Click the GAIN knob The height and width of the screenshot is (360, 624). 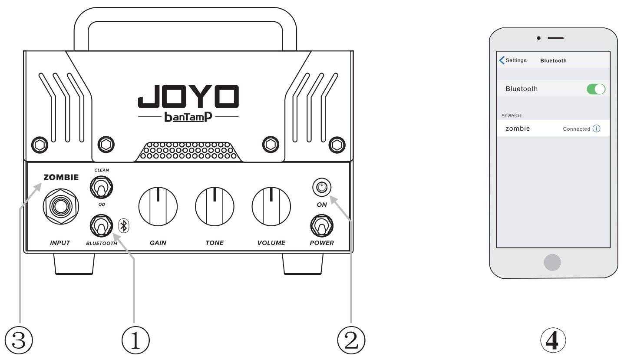click(x=158, y=207)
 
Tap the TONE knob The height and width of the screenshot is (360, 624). click(x=215, y=207)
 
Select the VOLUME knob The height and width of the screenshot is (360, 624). click(x=271, y=207)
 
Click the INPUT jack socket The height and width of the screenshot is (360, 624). click(x=60, y=207)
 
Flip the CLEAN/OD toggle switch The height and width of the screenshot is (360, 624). click(x=101, y=188)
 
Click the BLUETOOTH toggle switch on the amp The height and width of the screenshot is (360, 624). click(x=101, y=226)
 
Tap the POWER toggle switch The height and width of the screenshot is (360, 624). click(x=321, y=226)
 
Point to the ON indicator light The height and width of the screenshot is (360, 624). click(x=321, y=188)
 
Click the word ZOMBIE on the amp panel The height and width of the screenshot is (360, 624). click(x=61, y=177)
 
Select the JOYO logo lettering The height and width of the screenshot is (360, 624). click(x=188, y=96)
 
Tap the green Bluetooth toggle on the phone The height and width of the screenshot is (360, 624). click(x=596, y=89)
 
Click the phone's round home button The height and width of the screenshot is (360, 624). click(x=552, y=262)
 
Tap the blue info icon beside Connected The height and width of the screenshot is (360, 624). click(x=597, y=129)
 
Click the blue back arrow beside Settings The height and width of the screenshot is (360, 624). click(x=502, y=60)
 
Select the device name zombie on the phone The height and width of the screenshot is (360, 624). click(x=518, y=129)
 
